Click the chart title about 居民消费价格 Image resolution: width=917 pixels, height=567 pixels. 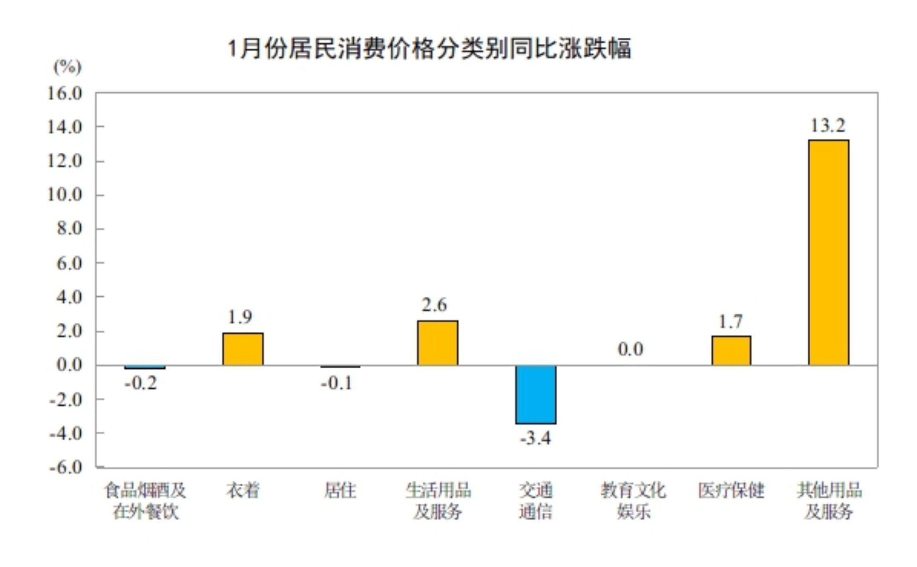429,49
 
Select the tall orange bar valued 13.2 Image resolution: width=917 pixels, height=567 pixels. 828,252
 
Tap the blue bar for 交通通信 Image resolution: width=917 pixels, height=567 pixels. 536,394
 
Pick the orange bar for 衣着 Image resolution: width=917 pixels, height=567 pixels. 243,349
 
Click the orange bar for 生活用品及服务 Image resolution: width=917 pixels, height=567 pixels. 438,343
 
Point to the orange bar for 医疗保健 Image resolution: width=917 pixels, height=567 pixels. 731,351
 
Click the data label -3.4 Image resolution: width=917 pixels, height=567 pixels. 536,438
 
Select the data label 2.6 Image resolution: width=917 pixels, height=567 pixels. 434,305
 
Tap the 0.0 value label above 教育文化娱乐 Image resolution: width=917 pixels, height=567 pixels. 631,350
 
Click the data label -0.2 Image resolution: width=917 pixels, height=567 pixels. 141,384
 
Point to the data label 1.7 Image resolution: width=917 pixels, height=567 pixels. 730,322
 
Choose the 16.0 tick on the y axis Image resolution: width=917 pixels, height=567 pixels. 65,94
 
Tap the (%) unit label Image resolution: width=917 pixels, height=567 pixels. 67,67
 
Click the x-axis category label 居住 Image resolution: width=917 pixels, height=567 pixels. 340,491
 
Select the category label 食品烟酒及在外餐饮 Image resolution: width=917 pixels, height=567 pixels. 145,501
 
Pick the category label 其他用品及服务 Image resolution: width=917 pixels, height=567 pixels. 829,501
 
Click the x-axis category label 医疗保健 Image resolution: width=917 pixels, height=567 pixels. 731,491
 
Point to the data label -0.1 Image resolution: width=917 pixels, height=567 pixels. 337,384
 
